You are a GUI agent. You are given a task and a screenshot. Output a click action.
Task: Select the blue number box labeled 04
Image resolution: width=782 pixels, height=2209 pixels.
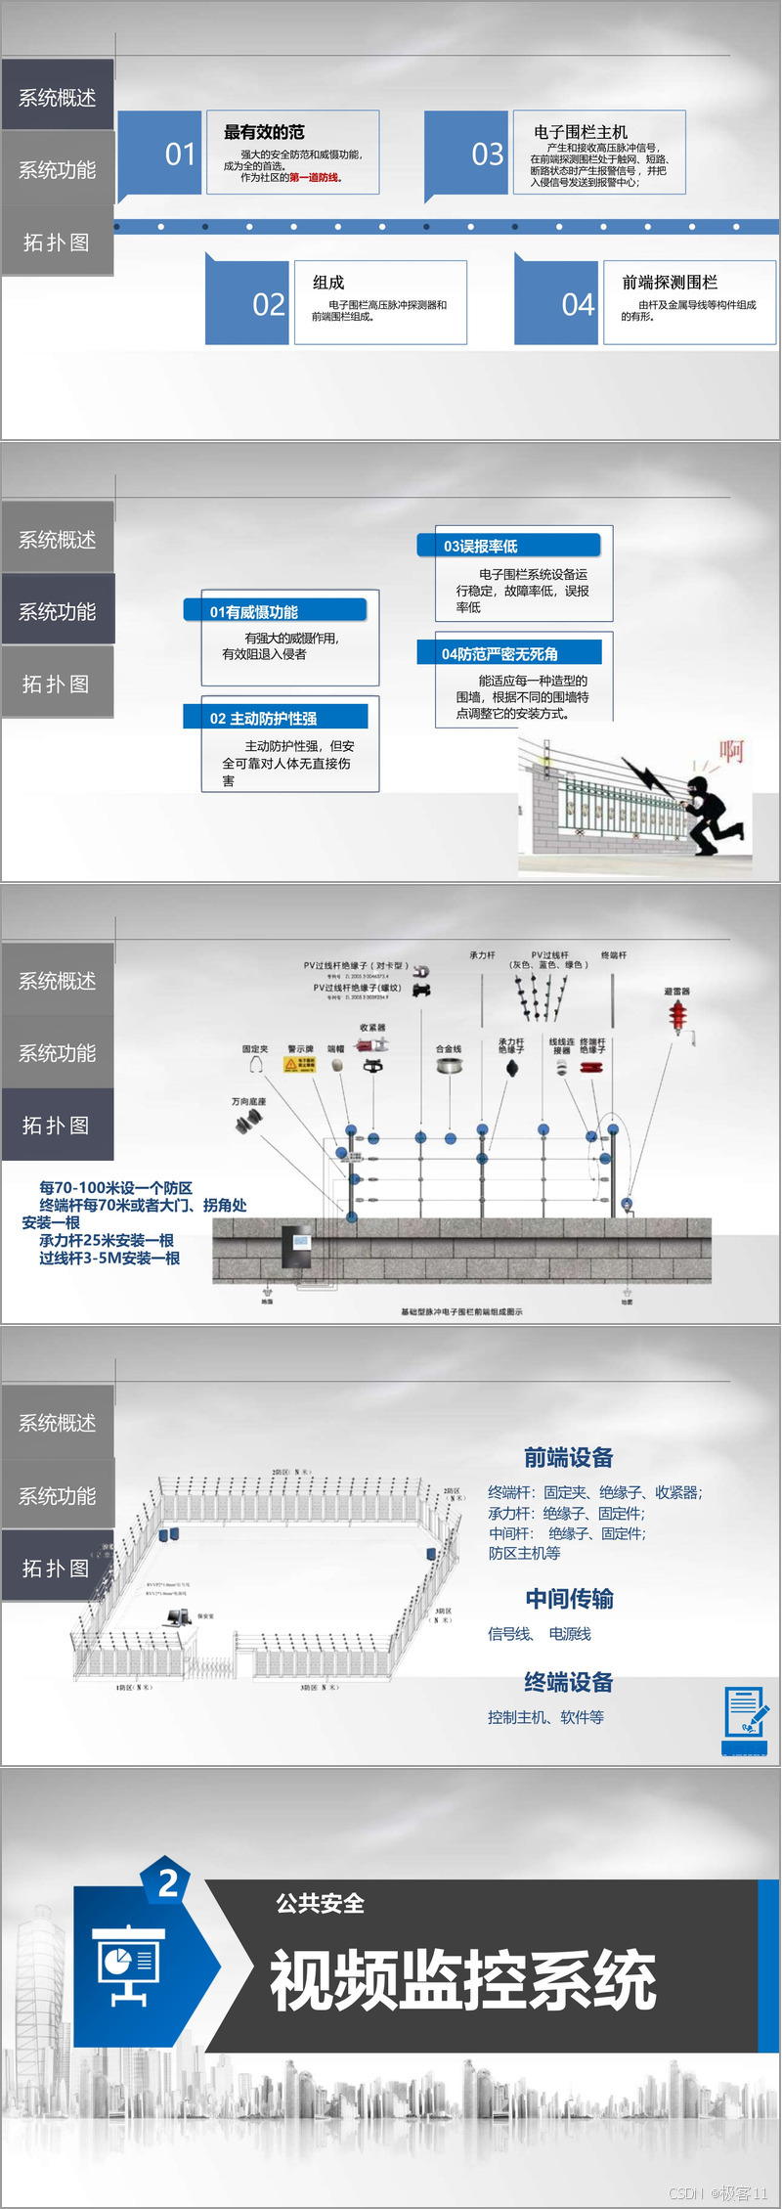556,303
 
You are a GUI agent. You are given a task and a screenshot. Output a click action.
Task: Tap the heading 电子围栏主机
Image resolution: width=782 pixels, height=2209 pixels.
581,132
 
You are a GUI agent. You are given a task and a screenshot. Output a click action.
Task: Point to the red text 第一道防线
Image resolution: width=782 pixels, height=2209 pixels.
314,178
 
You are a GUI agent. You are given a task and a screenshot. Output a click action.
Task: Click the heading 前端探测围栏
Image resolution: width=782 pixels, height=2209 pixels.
670,283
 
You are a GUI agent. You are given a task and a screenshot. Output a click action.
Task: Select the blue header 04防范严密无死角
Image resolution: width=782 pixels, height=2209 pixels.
508,653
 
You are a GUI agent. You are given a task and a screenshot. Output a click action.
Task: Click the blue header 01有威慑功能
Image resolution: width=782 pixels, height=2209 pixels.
275,611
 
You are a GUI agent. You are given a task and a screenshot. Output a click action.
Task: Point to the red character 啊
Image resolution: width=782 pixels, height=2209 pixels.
731,751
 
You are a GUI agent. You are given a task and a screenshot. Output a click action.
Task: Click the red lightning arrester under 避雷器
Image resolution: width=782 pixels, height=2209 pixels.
677,1017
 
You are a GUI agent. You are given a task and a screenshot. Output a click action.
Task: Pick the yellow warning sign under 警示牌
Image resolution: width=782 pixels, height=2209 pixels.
299,1065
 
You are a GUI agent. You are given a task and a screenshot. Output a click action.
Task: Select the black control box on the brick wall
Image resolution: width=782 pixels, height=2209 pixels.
296,1248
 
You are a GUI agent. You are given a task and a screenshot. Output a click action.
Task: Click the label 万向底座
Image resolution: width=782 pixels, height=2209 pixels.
248,1101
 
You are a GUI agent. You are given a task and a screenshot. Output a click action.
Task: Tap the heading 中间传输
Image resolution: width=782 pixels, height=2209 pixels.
569,1599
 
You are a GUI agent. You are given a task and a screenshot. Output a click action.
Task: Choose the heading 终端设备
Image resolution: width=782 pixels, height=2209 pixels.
568,1682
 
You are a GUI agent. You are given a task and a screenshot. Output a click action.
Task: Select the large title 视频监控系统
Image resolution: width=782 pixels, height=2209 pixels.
462,1980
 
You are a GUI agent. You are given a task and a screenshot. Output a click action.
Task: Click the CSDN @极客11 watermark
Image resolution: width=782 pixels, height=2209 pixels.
718,2193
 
